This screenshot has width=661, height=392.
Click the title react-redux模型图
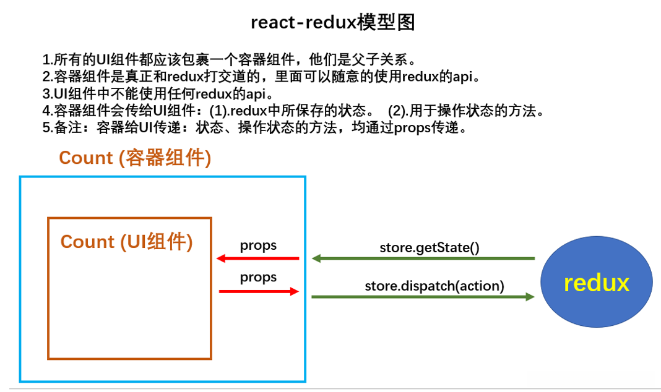332,23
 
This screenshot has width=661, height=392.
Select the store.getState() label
430,249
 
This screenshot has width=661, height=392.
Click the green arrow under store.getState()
423,258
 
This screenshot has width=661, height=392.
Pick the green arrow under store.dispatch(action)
423,297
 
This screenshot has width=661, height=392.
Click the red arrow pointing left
257,258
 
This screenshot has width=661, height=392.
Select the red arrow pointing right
259,291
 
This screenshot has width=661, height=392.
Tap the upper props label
258,245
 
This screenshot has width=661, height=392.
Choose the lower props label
258,278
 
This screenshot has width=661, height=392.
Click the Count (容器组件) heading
135,158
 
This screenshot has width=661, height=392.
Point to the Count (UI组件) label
127,242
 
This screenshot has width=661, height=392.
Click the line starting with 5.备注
254,129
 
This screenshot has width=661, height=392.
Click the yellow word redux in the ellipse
596,283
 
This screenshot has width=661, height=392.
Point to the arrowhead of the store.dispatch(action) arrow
530,297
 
